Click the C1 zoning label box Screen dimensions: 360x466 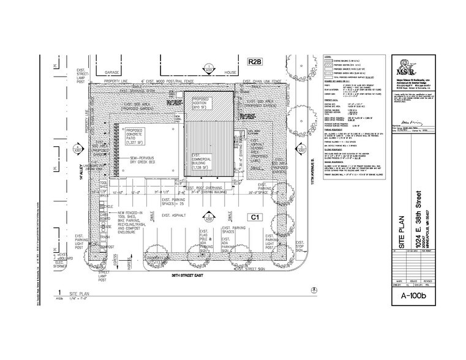(253, 217)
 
